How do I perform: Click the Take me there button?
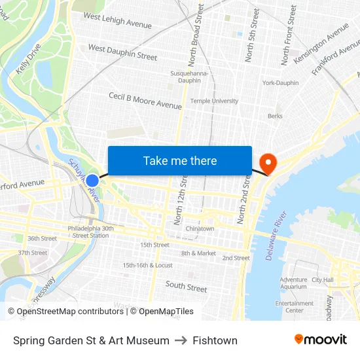(180, 160)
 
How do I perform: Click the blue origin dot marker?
(92, 181)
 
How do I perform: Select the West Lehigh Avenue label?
(117, 21)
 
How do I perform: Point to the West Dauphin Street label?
(122, 52)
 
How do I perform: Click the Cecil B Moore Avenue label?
(145, 101)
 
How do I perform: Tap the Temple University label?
(214, 101)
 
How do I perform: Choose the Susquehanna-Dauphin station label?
(189, 77)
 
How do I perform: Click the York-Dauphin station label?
(280, 83)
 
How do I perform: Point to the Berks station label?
(275, 116)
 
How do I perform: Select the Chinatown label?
(200, 228)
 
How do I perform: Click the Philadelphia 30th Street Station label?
(90, 232)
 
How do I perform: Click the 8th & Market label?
(198, 253)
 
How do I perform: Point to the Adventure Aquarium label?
(293, 283)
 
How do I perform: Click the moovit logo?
(320, 340)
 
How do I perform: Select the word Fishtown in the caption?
(215, 340)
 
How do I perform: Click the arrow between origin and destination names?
(181, 340)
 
